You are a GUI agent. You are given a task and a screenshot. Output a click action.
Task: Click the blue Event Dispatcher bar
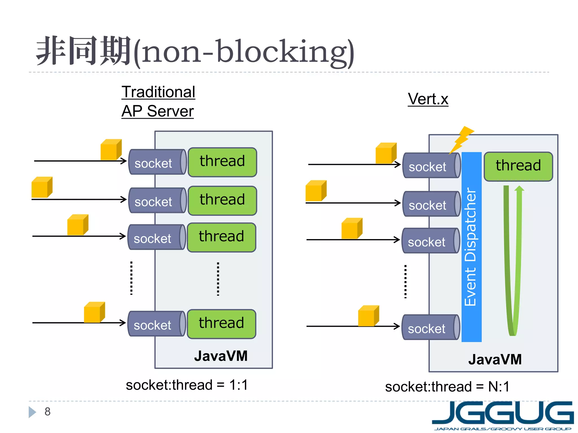[471, 247]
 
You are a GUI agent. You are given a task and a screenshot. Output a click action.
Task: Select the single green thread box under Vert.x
[518, 166]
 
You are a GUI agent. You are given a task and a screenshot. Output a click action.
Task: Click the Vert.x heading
[428, 99]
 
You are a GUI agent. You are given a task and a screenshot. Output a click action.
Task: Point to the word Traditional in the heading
[158, 92]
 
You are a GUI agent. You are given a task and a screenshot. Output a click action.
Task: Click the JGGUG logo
[503, 416]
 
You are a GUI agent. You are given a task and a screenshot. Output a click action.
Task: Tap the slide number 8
[47, 412]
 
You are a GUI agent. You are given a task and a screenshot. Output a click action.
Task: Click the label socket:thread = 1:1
[187, 385]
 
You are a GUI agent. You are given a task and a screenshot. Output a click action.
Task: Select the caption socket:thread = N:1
[447, 387]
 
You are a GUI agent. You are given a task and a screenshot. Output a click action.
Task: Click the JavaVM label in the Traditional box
[221, 356]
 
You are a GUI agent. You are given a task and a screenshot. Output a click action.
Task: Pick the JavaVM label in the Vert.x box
[495, 359]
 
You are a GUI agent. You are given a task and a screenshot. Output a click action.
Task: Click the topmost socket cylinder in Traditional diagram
[157, 162]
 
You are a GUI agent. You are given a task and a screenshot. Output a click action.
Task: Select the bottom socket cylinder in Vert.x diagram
[430, 327]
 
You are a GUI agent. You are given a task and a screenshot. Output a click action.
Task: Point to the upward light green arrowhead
[519, 189]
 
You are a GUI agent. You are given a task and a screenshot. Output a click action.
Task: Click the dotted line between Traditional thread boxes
[218, 279]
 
